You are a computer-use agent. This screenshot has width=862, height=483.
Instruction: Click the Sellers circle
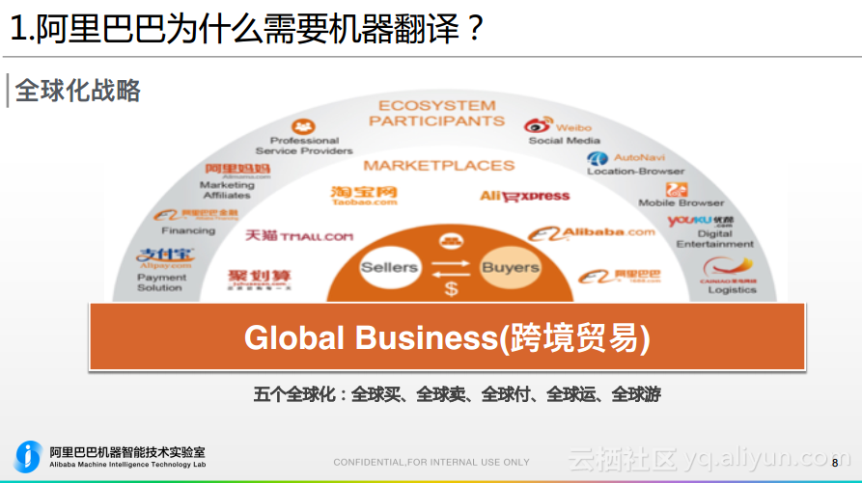point(389,267)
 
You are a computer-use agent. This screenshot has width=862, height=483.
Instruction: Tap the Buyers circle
point(511,267)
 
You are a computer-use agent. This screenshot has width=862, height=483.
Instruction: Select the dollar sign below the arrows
point(451,288)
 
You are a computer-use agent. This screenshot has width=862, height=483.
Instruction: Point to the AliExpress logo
point(524,196)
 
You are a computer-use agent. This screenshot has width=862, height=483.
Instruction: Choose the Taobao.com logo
point(363,196)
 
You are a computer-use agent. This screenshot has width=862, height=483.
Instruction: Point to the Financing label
point(188,231)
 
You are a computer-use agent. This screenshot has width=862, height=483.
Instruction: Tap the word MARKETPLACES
point(438,165)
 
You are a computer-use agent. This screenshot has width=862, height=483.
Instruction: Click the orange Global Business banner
point(447,337)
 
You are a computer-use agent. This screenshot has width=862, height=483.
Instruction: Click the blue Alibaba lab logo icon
point(29,456)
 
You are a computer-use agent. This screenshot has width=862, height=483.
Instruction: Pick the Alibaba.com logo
point(596,233)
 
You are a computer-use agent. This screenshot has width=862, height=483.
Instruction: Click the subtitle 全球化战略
point(78,91)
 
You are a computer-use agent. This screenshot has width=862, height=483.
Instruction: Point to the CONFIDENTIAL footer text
point(431,463)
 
